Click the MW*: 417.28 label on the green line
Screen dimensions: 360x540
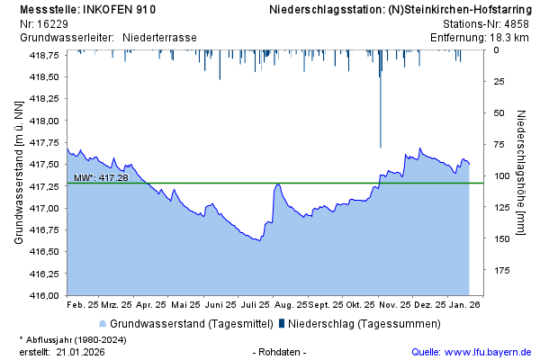(x=101, y=178)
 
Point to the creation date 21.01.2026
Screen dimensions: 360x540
(x=80, y=351)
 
